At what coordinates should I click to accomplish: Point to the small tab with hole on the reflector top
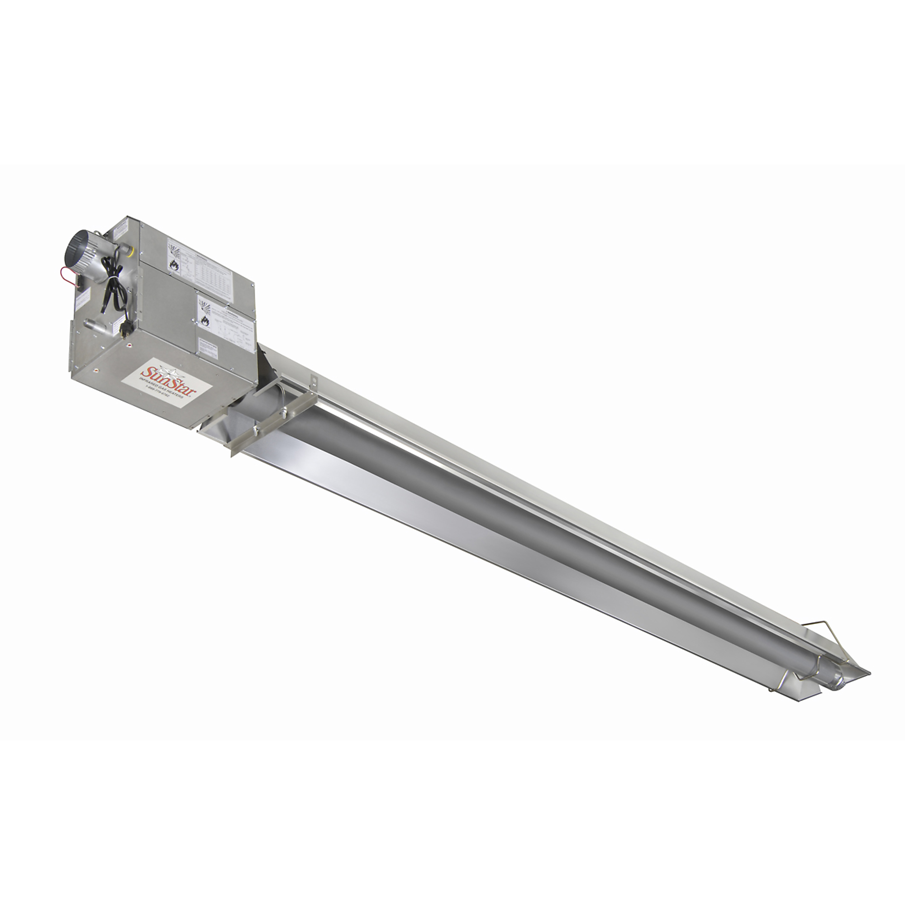click(x=314, y=376)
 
